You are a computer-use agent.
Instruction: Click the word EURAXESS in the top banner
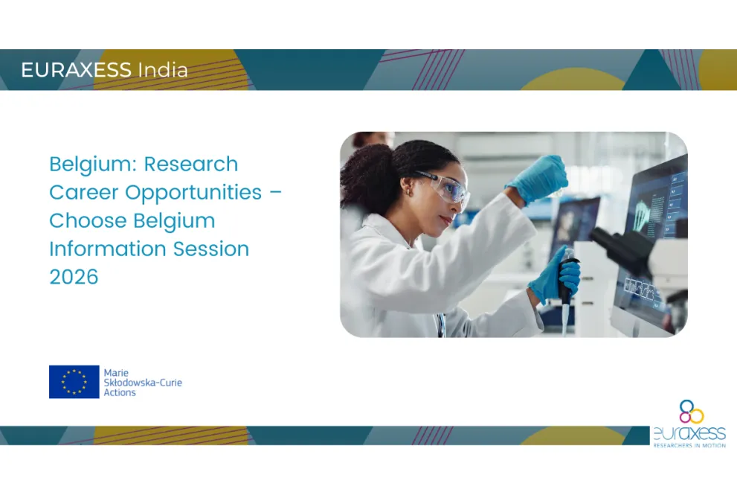tap(76, 70)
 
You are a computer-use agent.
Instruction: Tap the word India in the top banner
tap(163, 70)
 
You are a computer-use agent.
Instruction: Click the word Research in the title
tap(191, 164)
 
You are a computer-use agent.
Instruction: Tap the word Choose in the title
tap(88, 220)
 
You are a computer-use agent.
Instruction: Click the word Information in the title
tap(107, 249)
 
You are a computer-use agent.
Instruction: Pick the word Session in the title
tap(211, 249)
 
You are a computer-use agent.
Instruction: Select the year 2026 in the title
tap(74, 277)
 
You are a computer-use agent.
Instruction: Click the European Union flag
tap(74, 382)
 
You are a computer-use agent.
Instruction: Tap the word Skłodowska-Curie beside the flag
tap(143, 383)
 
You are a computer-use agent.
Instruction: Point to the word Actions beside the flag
tap(120, 392)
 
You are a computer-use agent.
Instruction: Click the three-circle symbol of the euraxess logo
tap(692, 411)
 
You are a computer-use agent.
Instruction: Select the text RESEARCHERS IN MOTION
tap(689, 445)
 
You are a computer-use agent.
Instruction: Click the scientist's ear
tap(407, 189)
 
